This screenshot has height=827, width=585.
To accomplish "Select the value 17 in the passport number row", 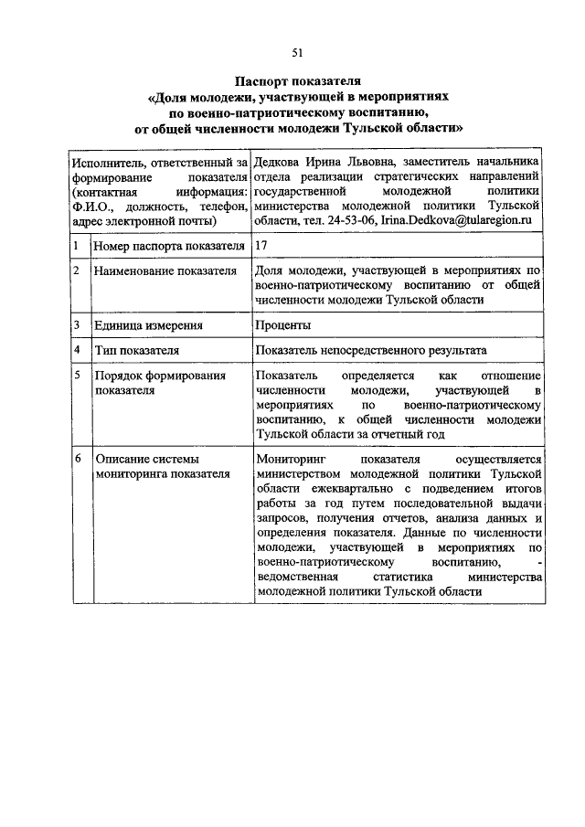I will pyautogui.click(x=262, y=246).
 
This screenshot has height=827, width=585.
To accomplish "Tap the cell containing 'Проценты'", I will pyautogui.click(x=282, y=325).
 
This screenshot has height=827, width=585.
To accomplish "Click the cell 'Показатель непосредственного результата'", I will pyautogui.click(x=371, y=350).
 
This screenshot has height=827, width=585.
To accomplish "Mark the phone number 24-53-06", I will pyautogui.click(x=353, y=221).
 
